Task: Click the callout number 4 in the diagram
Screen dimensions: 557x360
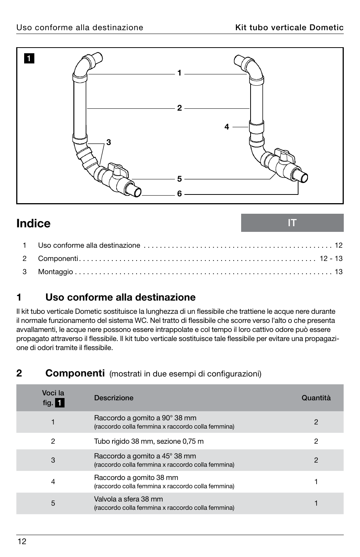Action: click(226, 127)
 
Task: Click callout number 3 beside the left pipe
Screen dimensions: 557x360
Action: click(109, 142)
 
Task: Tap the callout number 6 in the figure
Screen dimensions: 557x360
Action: click(179, 194)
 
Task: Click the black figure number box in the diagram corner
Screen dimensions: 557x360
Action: click(29, 59)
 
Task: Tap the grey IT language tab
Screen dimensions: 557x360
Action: click(292, 223)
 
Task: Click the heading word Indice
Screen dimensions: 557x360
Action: click(34, 223)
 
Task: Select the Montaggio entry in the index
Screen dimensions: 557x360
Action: click(55, 272)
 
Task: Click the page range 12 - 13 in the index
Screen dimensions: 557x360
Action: click(331, 258)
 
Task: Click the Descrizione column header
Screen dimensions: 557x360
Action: click(114, 398)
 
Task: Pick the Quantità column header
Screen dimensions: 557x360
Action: click(316, 398)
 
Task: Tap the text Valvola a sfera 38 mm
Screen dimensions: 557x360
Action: click(128, 499)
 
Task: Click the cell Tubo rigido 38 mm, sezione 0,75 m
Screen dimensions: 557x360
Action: click(149, 441)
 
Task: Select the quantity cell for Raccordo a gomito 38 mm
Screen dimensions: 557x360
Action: click(316, 481)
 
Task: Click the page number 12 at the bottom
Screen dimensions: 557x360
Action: click(22, 542)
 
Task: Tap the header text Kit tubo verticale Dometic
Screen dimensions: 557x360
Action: click(289, 28)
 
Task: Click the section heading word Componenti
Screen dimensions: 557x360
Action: click(75, 373)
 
